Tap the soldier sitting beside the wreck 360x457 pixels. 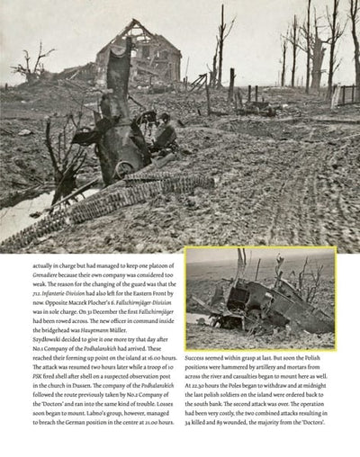click(x=165, y=137)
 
